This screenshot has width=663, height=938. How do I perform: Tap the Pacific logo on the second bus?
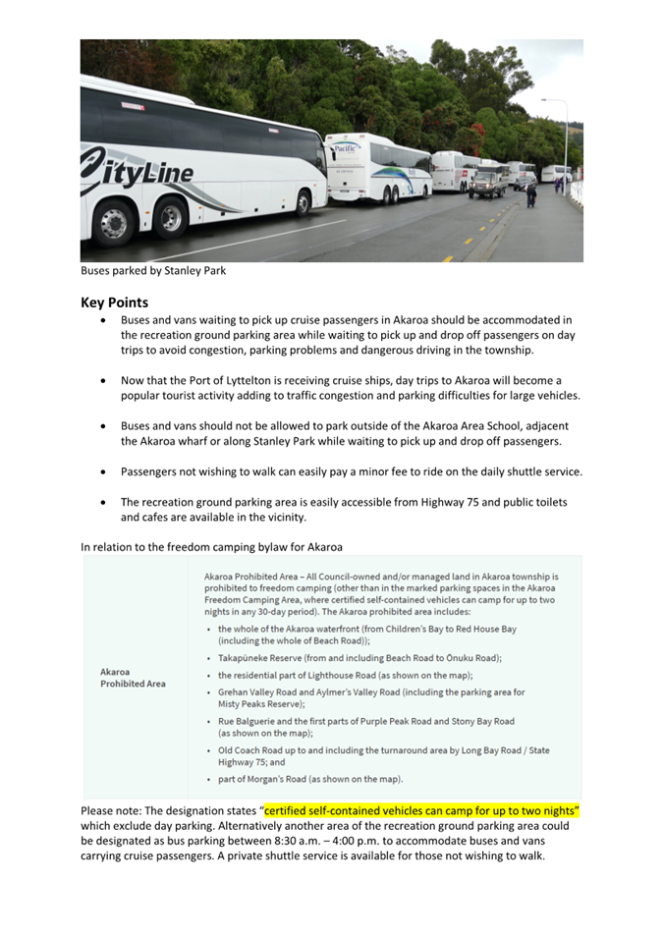click(346, 149)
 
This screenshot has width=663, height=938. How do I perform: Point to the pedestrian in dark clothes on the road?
click(531, 195)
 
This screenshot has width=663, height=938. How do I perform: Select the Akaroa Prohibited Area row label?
click(133, 678)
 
